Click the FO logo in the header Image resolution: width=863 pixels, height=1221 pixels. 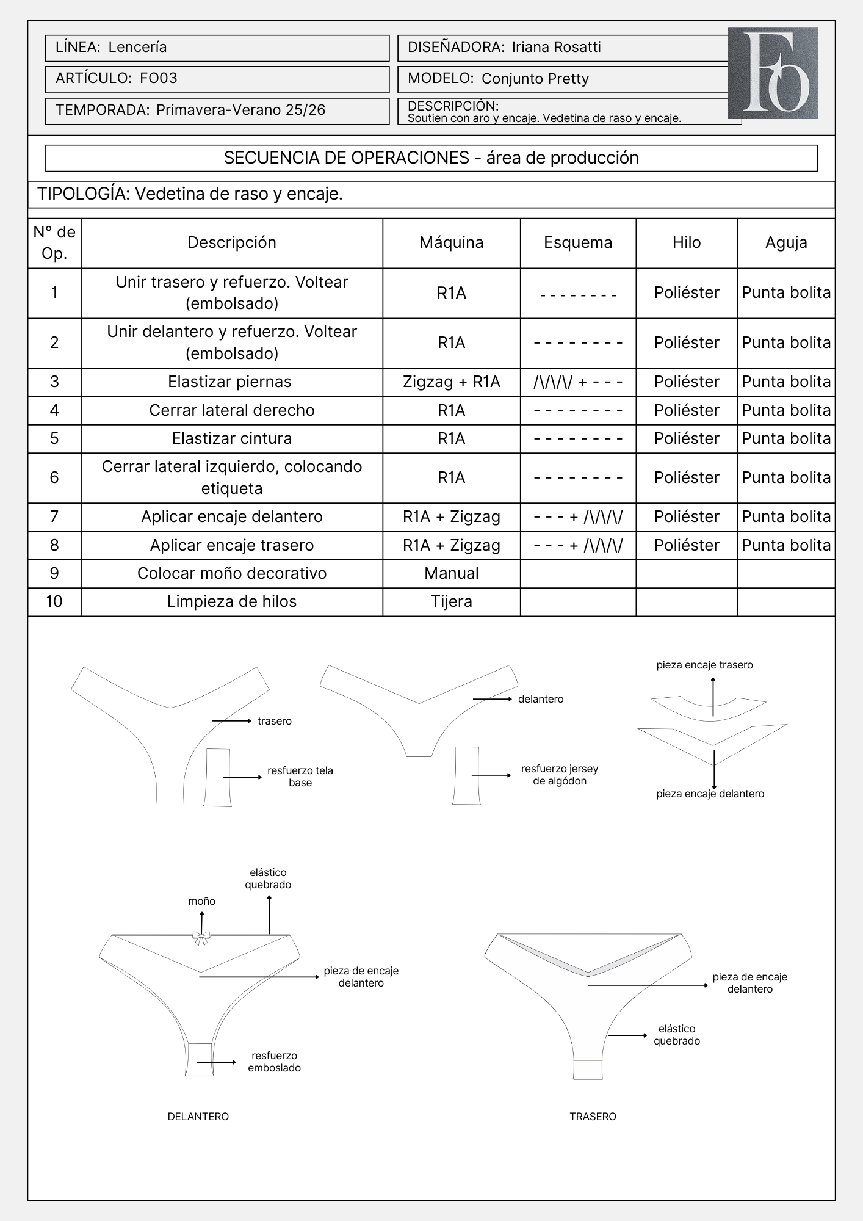point(773,73)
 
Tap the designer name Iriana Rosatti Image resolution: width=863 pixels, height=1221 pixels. point(556,47)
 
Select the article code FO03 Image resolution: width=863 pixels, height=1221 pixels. point(159,78)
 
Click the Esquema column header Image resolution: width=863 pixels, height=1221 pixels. point(578,242)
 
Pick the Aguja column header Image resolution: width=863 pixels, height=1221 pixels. point(786,242)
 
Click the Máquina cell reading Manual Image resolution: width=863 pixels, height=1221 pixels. point(451,573)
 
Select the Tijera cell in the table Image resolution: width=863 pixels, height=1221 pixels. point(451,601)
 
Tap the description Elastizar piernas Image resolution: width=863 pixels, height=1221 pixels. point(230,382)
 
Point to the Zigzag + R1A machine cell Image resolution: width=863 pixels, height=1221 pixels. point(451,382)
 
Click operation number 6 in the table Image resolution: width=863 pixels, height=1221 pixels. point(54,477)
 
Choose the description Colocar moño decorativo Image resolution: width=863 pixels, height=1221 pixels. point(232,573)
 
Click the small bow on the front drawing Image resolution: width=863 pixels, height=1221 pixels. point(201,937)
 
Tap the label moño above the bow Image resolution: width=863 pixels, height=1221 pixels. point(201,901)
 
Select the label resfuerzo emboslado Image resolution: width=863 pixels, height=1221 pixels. point(274,1062)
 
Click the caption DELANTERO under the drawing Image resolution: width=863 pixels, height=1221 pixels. point(198,1117)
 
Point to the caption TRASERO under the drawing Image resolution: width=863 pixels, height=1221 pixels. point(593,1117)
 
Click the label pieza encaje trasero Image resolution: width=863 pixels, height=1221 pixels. point(704,665)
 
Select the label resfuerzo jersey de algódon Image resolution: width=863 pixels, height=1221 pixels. point(559,775)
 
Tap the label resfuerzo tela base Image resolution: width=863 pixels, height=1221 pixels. point(300,777)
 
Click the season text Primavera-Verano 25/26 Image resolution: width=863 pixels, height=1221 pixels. point(240,110)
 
